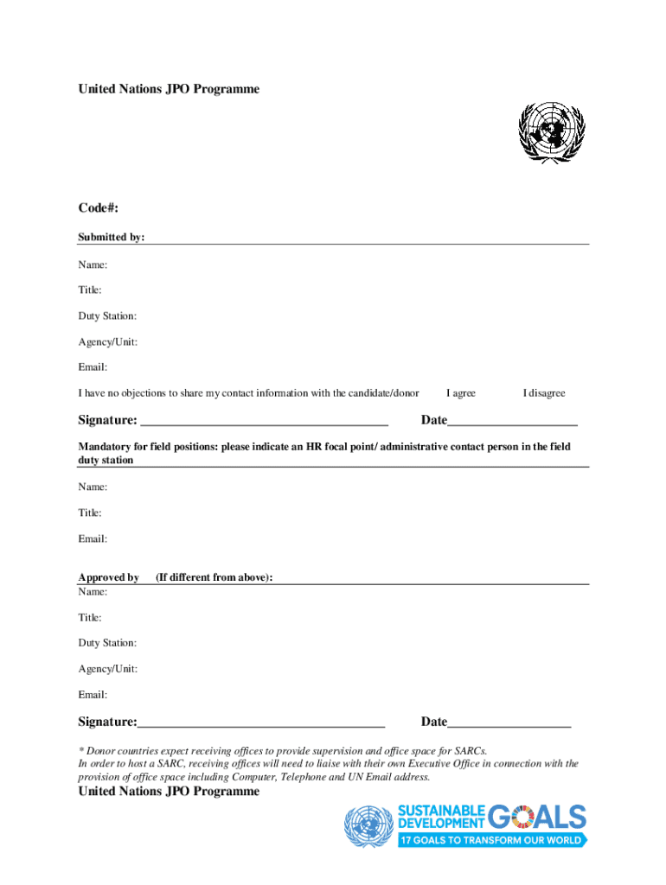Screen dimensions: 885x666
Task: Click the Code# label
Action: coord(98,208)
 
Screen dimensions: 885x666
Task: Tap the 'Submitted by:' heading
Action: coord(112,238)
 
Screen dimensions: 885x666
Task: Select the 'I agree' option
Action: coord(460,393)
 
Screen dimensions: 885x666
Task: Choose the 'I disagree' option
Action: coord(543,393)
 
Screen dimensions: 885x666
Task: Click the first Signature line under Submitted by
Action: coord(264,422)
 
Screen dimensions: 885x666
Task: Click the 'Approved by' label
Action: coord(108,577)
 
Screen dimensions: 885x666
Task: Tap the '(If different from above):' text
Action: coord(214,577)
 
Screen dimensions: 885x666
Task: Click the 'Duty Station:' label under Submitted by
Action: coord(107,316)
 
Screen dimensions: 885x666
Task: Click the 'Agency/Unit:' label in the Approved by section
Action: coord(107,669)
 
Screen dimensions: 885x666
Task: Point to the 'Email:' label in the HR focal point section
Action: coord(93,539)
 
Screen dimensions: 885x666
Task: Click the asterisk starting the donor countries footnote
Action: coord(80,750)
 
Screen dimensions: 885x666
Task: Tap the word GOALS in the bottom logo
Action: coord(537,818)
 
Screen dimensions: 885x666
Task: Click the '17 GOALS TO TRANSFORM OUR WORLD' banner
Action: coord(491,840)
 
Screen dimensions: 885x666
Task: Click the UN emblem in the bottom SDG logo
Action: coord(368,826)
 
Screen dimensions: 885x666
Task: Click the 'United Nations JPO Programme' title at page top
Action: coord(169,89)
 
